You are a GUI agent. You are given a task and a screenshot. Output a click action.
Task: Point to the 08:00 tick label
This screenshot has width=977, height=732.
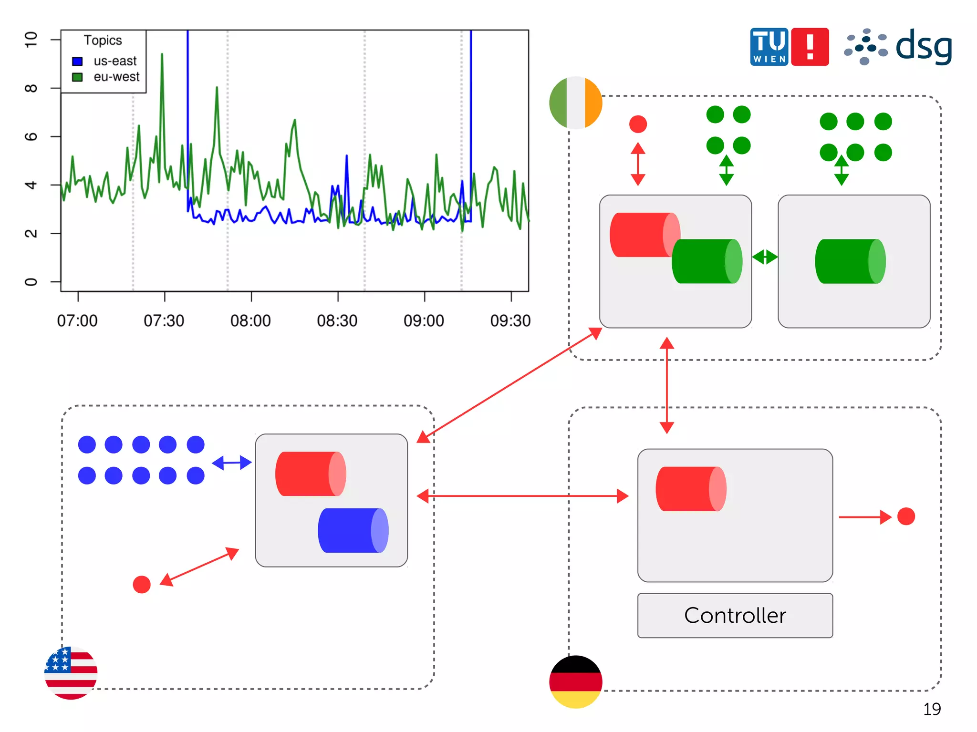pyautogui.click(x=250, y=321)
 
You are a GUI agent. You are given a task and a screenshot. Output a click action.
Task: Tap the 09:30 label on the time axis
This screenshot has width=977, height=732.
pyautogui.click(x=510, y=321)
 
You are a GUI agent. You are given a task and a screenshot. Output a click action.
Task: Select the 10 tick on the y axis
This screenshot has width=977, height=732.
pyautogui.click(x=31, y=40)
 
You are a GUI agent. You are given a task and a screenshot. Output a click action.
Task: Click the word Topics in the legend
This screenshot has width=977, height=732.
pyautogui.click(x=103, y=41)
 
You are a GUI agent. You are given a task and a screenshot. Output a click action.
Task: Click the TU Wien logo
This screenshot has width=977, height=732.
pyautogui.click(x=769, y=47)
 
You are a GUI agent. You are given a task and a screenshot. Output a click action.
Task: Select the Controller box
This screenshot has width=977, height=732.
pyautogui.click(x=735, y=615)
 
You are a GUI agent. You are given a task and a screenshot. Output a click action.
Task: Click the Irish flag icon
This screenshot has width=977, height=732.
pyautogui.click(x=575, y=103)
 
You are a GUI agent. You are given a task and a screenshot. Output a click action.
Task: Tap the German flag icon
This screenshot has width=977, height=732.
pyautogui.click(x=575, y=681)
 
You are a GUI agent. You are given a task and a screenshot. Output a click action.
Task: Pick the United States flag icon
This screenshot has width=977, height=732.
pyautogui.click(x=71, y=673)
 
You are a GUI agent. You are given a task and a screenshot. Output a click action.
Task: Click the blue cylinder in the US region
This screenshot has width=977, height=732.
pyautogui.click(x=353, y=530)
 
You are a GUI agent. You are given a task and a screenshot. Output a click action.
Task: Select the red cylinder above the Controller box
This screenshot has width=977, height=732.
pyautogui.click(x=691, y=489)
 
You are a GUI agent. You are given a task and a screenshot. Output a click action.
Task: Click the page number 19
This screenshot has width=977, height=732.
pyautogui.click(x=932, y=709)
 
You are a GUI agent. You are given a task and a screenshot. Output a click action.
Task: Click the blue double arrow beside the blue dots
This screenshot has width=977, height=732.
pyautogui.click(x=231, y=463)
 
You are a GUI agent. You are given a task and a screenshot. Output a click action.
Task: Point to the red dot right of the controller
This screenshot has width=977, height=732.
pyautogui.click(x=906, y=516)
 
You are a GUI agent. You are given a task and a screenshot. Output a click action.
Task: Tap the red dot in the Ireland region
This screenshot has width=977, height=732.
pyautogui.click(x=638, y=124)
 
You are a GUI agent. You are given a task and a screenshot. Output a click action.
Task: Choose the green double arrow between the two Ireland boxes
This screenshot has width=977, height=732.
pyautogui.click(x=765, y=257)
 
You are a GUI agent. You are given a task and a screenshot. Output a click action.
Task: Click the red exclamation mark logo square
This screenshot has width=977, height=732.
pyautogui.click(x=810, y=47)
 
